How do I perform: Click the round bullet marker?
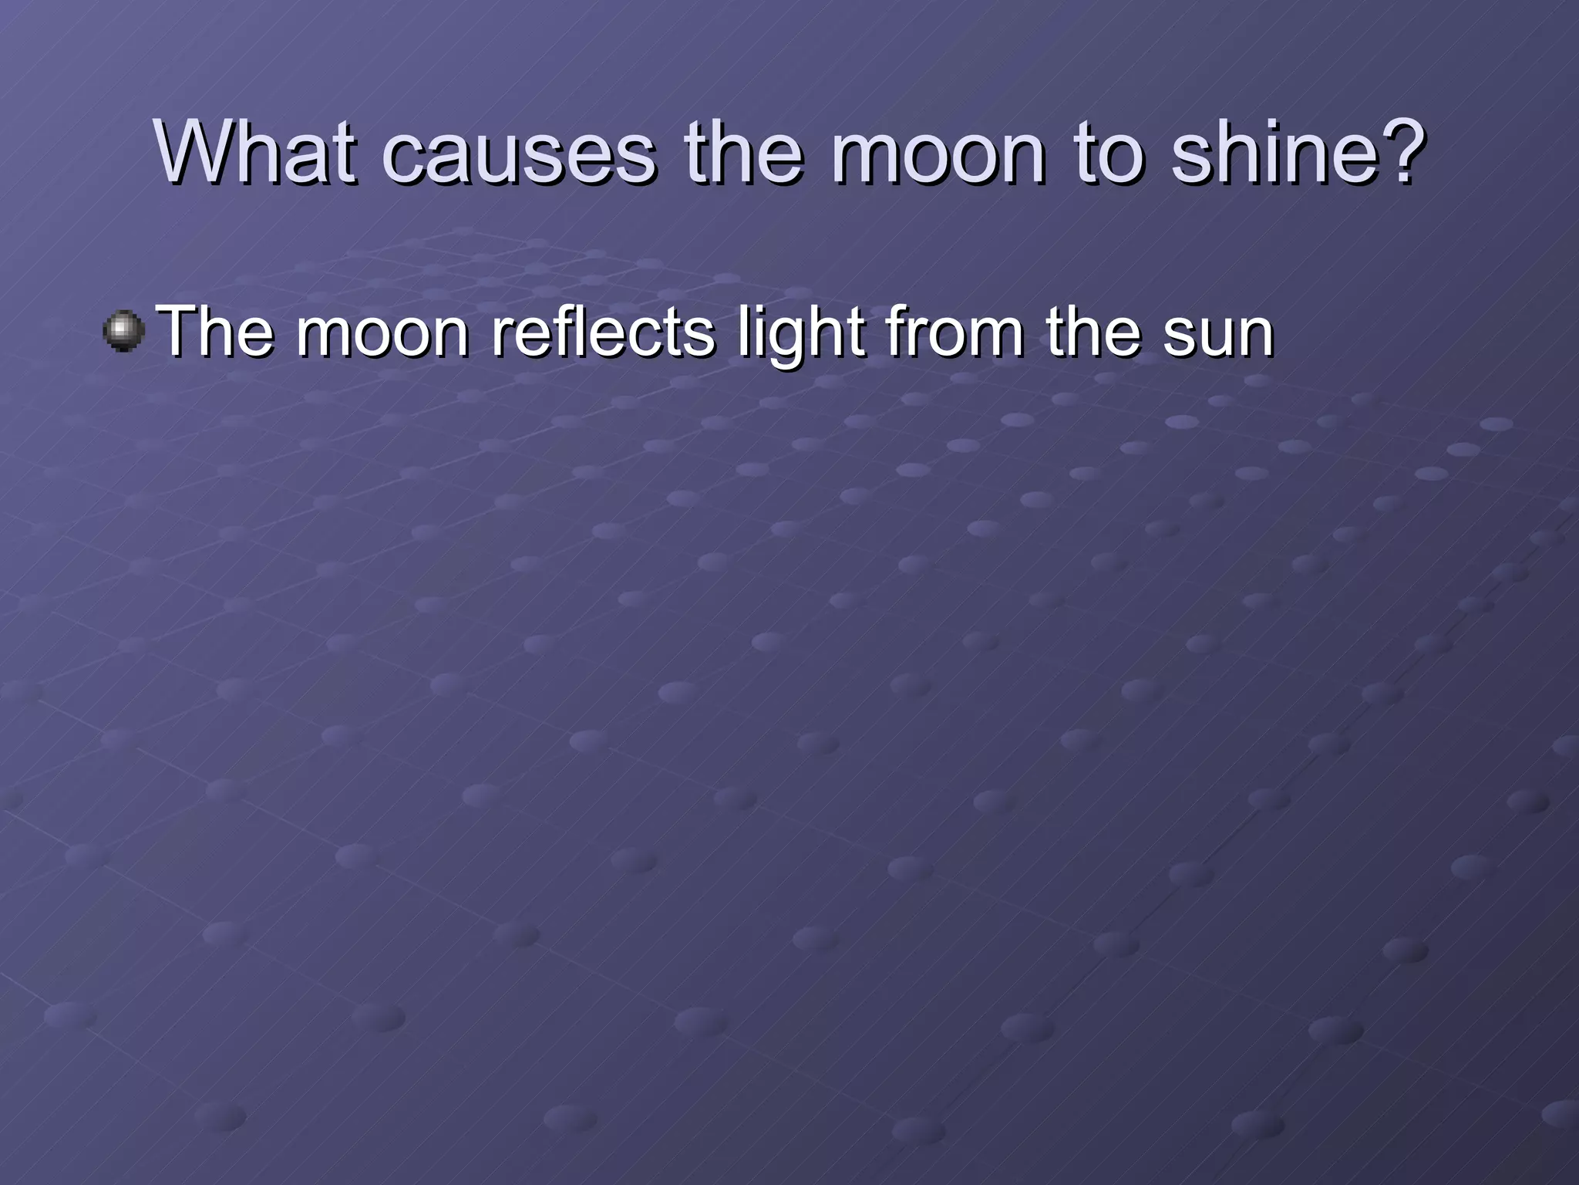(x=123, y=332)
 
